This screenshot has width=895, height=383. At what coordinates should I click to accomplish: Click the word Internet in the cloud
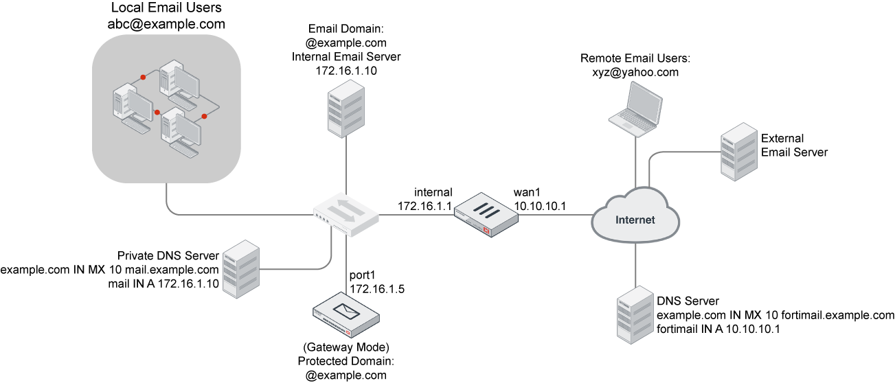tap(635, 220)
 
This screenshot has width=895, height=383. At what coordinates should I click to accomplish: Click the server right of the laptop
tap(738, 152)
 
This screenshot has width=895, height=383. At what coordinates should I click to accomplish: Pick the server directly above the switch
tap(345, 108)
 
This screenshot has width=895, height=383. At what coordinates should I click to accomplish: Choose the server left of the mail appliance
tap(241, 269)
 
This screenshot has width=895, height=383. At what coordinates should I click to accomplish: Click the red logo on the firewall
tap(488, 231)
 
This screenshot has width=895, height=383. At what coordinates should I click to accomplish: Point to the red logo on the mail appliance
tap(348, 332)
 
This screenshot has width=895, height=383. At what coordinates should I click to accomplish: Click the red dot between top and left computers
tap(143, 78)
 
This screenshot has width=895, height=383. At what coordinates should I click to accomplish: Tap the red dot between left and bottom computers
tap(157, 112)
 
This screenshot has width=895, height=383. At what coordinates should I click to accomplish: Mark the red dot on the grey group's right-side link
tap(204, 117)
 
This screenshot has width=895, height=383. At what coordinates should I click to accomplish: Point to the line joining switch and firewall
tap(416, 215)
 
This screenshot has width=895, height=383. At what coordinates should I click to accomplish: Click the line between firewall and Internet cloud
tap(553, 215)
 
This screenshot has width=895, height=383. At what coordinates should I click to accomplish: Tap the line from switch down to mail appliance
tap(345, 264)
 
